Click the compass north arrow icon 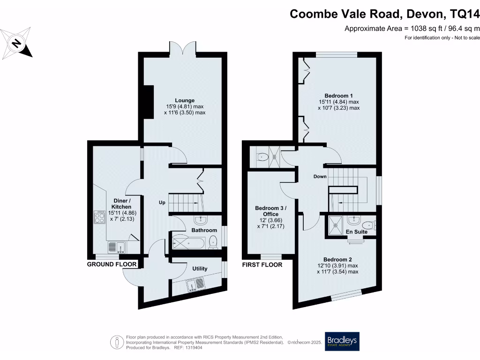17,43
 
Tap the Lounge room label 185,100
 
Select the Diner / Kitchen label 121,204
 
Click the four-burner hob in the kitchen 100,216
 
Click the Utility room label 200,269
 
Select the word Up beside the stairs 162,203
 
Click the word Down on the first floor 321,177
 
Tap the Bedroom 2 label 337,259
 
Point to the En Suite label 357,232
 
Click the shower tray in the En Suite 336,223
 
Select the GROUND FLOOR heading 112,264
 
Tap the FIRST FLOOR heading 262,264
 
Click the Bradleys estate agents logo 342,341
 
